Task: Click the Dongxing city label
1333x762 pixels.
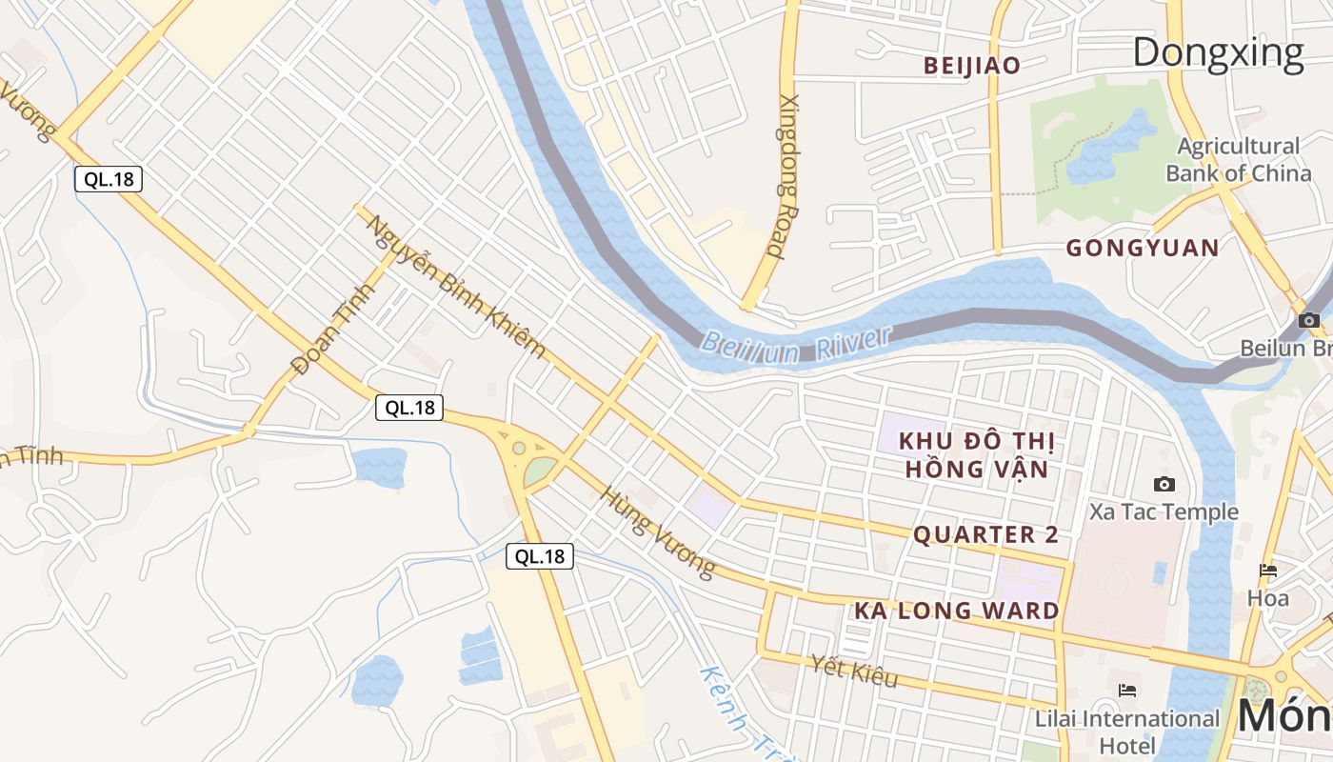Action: click(1218, 52)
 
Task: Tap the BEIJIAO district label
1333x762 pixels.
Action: click(972, 66)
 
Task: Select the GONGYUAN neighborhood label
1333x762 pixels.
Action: click(1142, 249)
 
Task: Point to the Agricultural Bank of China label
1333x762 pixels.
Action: click(1238, 160)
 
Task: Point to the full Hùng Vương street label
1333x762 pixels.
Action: click(657, 532)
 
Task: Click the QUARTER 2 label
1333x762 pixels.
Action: click(985, 535)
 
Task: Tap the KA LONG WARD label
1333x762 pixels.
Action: click(956, 612)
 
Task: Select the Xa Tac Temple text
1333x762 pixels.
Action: click(1164, 512)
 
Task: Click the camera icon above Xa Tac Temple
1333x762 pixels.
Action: click(1164, 485)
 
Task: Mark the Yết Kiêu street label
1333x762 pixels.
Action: click(854, 671)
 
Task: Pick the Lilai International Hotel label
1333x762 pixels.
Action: click(1127, 731)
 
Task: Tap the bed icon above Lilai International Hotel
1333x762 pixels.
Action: click(1127, 691)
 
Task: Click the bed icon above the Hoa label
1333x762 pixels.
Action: click(1268, 571)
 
